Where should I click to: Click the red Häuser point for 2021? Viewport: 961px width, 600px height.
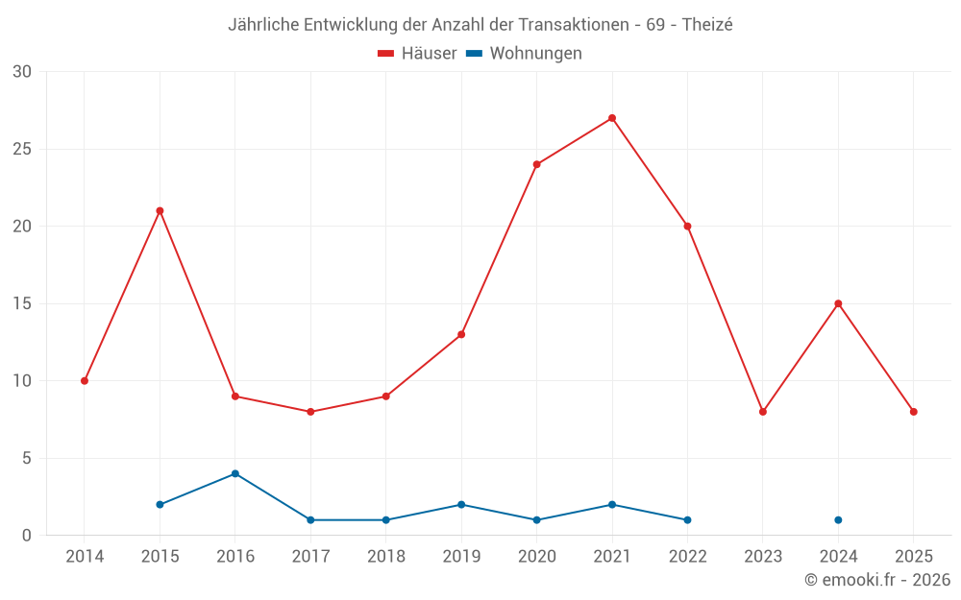[x=612, y=118]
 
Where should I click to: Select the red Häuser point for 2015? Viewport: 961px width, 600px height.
[x=160, y=210]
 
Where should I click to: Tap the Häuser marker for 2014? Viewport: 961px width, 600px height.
[x=85, y=381]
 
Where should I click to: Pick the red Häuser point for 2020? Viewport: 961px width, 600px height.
[x=536, y=164]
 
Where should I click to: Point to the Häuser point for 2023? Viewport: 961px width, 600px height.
[x=763, y=412]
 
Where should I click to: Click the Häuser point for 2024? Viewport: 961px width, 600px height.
[x=838, y=303]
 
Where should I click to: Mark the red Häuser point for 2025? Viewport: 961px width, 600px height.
[x=914, y=412]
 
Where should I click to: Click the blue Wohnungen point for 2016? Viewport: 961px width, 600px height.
[x=235, y=473]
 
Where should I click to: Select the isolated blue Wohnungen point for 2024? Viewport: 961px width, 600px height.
[x=838, y=520]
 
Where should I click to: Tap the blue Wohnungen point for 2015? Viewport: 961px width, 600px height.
[x=160, y=504]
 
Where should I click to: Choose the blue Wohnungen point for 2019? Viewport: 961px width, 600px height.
[x=461, y=504]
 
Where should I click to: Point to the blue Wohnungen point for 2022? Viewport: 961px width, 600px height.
[x=687, y=520]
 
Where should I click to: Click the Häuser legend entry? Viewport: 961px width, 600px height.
[x=417, y=54]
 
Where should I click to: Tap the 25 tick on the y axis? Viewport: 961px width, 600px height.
[x=22, y=149]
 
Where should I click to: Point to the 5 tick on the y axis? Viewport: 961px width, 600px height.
[x=27, y=458]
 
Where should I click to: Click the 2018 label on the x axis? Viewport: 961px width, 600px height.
[x=385, y=557]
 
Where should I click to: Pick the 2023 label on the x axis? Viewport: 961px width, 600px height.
[x=763, y=557]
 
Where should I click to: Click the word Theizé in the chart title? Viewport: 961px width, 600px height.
[x=707, y=25]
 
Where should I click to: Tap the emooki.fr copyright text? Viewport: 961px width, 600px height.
[x=876, y=580]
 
